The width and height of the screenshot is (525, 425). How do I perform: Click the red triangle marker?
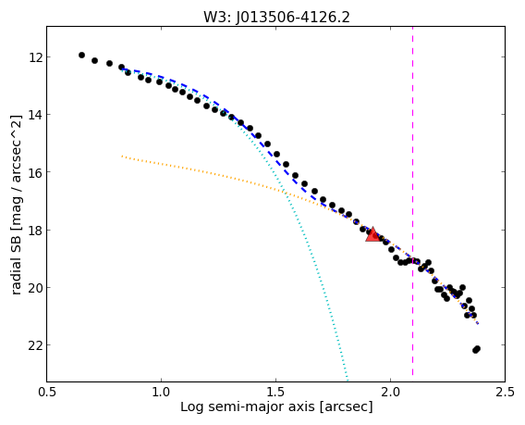(372, 234)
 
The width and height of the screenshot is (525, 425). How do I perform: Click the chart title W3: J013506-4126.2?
(276, 18)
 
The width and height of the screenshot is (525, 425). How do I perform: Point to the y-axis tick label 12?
(35, 57)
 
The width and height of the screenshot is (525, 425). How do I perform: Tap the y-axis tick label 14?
(35, 115)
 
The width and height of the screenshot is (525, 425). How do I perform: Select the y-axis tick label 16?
(35, 172)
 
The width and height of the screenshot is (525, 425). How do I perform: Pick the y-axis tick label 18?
(35, 231)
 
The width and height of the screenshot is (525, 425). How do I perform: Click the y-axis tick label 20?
(35, 288)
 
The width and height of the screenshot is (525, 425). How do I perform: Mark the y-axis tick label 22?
(35, 345)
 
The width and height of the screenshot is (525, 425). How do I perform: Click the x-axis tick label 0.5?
(47, 392)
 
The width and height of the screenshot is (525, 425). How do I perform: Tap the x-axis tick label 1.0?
(162, 392)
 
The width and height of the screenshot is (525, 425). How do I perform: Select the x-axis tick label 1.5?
(275, 392)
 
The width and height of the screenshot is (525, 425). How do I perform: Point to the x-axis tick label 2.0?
(390, 392)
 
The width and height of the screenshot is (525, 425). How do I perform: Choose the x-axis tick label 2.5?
(505, 392)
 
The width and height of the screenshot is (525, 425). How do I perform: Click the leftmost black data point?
(81, 55)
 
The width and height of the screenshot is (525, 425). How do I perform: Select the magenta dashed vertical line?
(412, 201)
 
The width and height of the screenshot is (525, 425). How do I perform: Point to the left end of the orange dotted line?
(122, 156)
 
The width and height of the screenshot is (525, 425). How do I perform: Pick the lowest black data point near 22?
(475, 350)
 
